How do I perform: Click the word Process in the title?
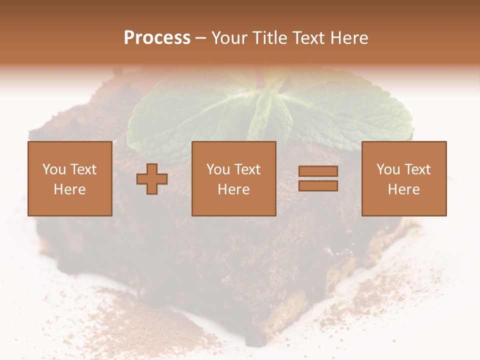coord(157,37)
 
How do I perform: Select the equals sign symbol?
coord(318,178)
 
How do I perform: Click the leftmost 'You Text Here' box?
coord(69,178)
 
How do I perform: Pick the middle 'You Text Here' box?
coord(233,178)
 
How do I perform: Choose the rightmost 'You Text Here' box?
coord(404,178)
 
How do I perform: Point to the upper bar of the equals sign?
coord(318,171)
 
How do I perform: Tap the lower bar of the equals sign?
coord(318,185)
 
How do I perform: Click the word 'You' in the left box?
coord(54,169)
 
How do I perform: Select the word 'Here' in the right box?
coord(404,189)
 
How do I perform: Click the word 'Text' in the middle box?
coord(247,169)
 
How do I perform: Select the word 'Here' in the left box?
coord(69,189)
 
